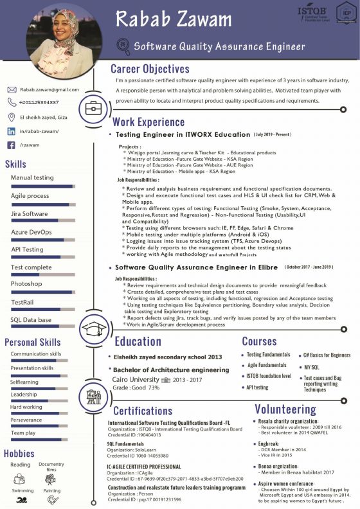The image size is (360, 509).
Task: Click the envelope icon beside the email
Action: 12,89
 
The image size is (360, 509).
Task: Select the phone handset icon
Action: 12,102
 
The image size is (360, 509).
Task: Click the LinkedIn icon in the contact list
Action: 12,131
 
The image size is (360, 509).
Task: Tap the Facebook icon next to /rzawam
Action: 12,145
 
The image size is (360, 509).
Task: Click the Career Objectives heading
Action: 150,69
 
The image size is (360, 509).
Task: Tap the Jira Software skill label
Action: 30,213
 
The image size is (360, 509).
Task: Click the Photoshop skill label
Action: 26,283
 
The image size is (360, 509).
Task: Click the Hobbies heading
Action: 19,454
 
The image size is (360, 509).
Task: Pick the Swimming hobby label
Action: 22,490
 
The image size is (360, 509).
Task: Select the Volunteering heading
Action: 285,409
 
